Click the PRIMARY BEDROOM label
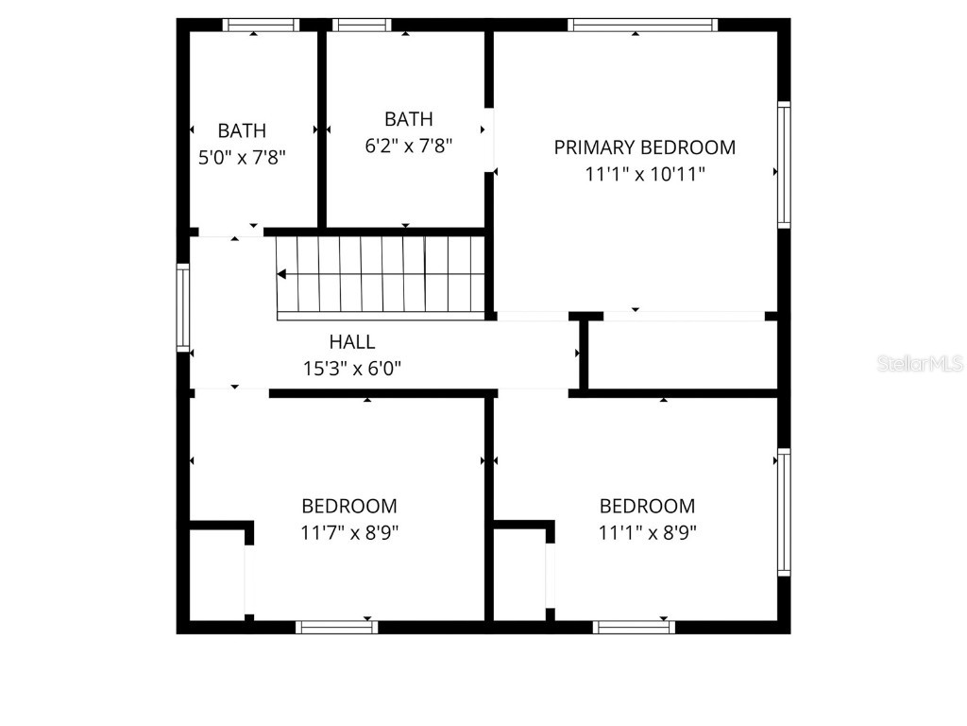pos(644,147)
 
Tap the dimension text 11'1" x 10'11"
pos(644,174)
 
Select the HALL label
pos(351,342)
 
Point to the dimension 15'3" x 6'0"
pos(351,369)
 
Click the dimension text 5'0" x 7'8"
pos(242,157)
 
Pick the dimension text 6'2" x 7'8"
pos(408,146)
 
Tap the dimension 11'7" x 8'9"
pos(349,532)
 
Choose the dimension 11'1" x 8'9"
pos(647,532)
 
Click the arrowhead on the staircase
pos(282,274)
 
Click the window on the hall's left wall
pos(183,308)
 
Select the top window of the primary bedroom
pos(643,26)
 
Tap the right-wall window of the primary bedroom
pos(784,164)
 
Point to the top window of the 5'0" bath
pos(261,26)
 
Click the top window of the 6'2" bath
pos(362,26)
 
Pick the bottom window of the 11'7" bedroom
pos(336,627)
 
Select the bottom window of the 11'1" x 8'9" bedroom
pos(635,627)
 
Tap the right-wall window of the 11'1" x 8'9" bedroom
pos(784,512)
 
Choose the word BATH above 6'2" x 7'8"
pos(408,119)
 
